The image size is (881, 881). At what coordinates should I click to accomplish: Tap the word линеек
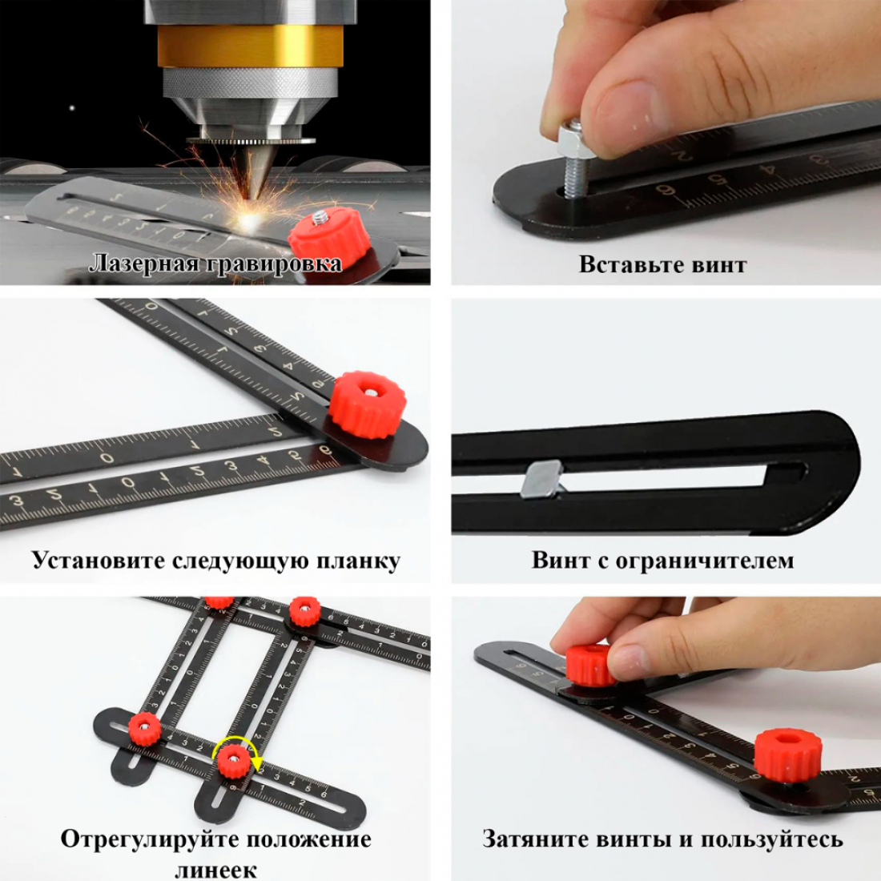click(216, 871)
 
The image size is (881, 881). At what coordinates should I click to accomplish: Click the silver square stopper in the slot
click(541, 479)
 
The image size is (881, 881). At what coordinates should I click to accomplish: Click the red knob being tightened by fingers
click(590, 666)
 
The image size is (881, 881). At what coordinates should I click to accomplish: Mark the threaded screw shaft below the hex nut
click(573, 177)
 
